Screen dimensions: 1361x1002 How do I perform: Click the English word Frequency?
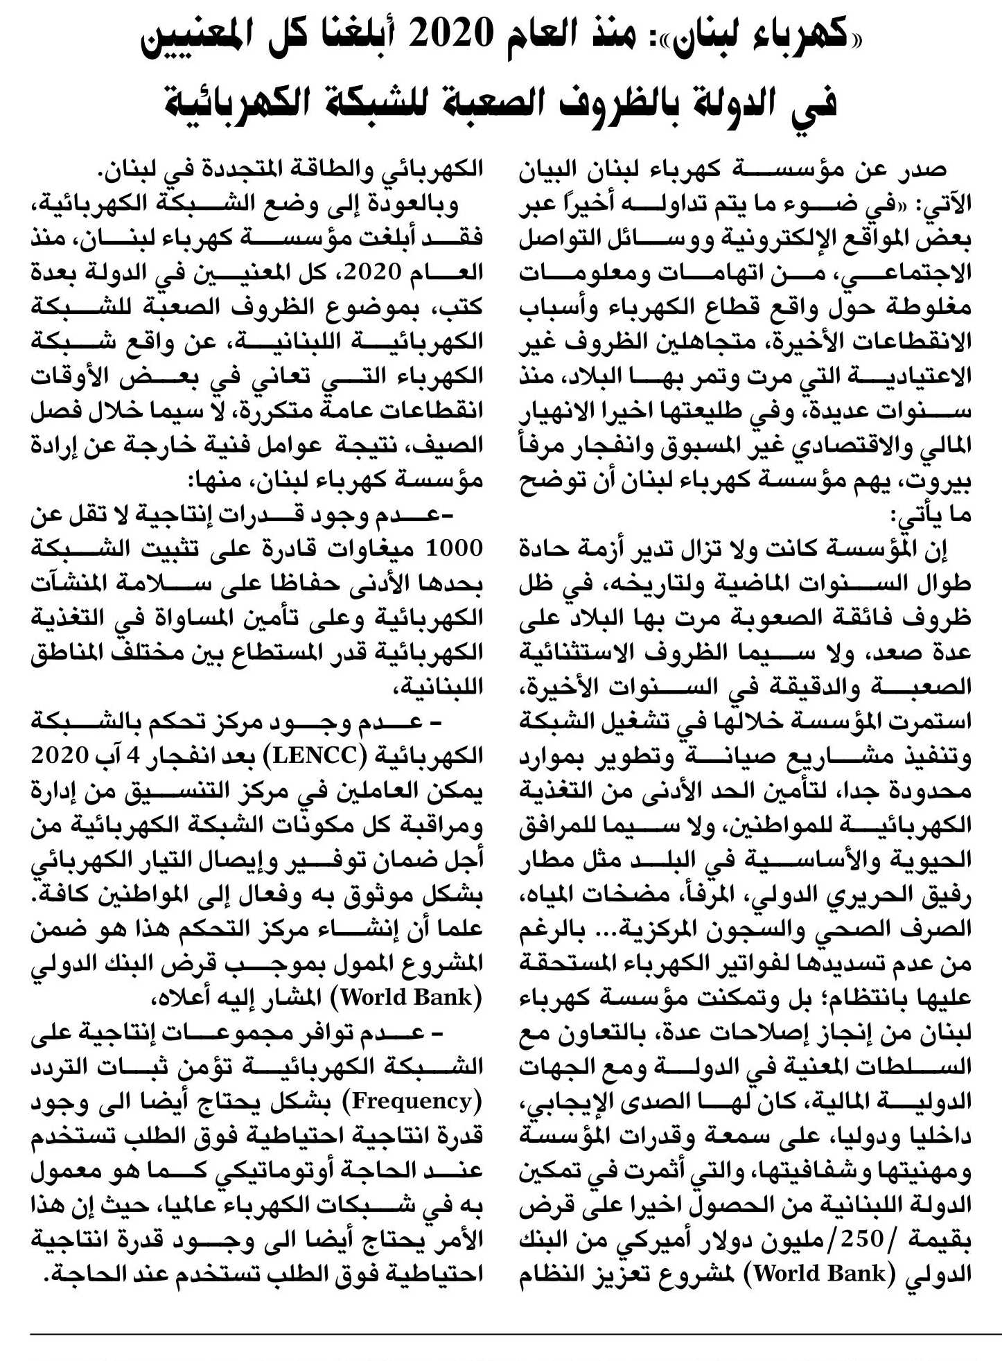tap(413, 1100)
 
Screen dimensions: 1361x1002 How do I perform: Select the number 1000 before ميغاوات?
tap(453, 549)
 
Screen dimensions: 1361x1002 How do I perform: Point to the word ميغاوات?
tap(373, 549)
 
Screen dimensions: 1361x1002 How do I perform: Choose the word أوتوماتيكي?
tap(252, 1170)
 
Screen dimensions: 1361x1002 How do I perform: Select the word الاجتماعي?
tap(907, 273)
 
